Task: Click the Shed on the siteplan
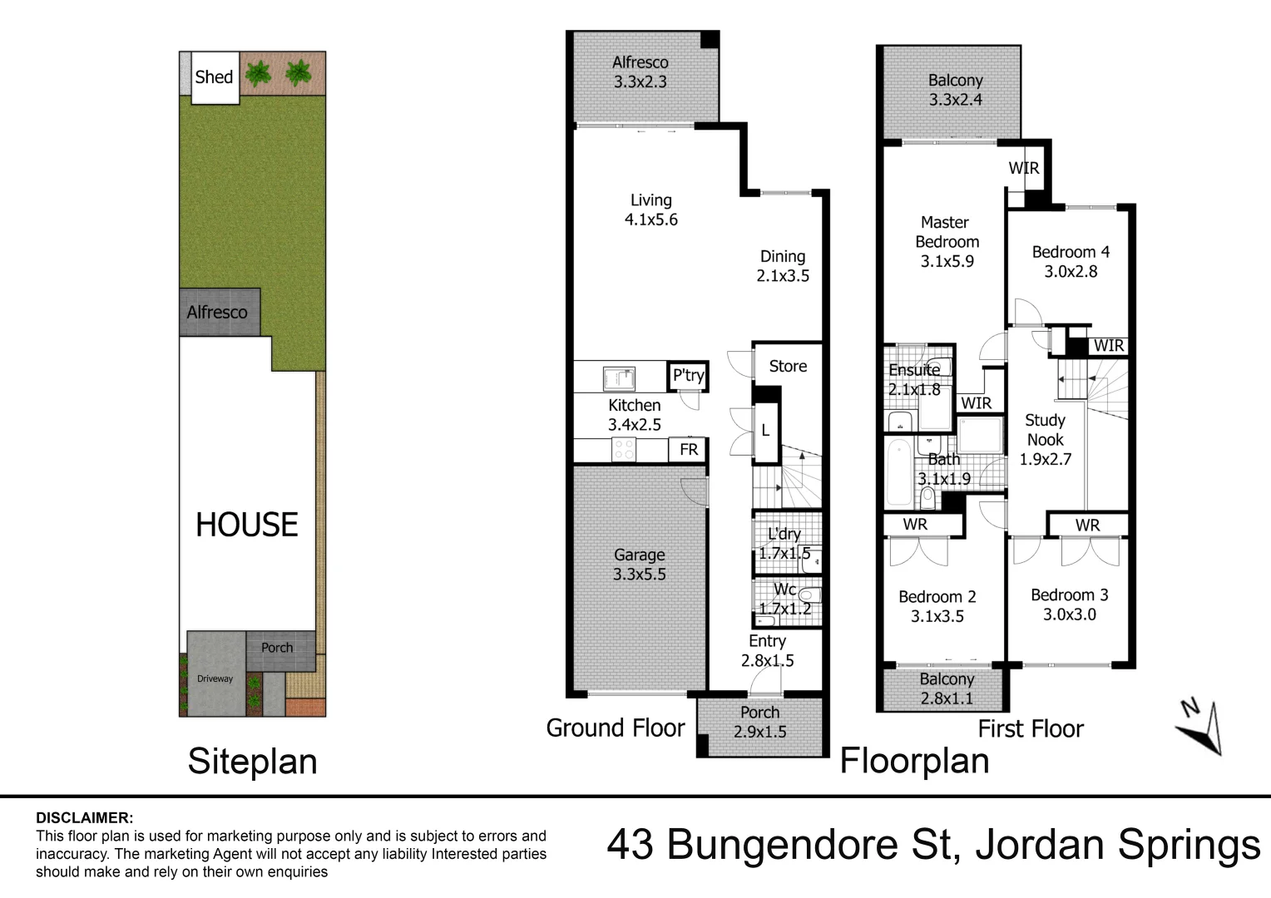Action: point(214,77)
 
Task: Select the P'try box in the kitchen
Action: point(689,376)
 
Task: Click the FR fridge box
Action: point(689,449)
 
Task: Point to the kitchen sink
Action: point(619,379)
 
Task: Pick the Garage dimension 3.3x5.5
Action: point(639,575)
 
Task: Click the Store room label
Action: point(788,366)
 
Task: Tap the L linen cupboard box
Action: point(766,432)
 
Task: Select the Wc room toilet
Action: point(809,595)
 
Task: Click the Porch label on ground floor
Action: point(759,713)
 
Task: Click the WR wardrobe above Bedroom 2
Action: point(915,525)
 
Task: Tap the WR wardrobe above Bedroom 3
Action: point(1087,525)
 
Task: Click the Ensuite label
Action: point(914,370)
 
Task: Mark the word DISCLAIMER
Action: point(84,818)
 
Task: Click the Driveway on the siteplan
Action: point(215,678)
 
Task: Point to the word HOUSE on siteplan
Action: point(246,525)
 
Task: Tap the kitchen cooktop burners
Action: point(624,450)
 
